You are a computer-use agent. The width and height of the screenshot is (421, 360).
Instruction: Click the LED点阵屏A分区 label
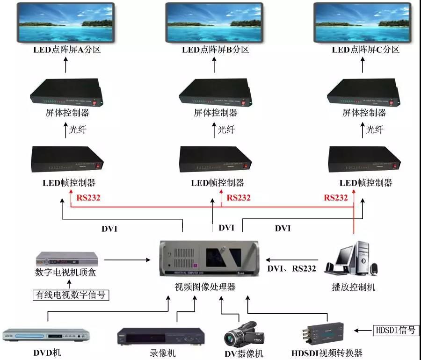coord(66,50)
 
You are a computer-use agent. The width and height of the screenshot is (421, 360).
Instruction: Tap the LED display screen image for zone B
coord(215,22)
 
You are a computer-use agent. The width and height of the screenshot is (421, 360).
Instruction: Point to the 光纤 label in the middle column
coord(226,130)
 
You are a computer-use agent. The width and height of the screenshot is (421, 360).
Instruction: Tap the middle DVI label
coord(226,228)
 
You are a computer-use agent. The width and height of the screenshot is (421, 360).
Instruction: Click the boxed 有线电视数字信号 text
coord(71,295)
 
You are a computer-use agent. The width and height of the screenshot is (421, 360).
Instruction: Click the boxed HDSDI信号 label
coord(395,330)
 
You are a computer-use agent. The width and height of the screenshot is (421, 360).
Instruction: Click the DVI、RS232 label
coord(291,268)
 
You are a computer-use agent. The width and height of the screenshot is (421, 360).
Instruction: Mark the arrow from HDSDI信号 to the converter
coord(362,331)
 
